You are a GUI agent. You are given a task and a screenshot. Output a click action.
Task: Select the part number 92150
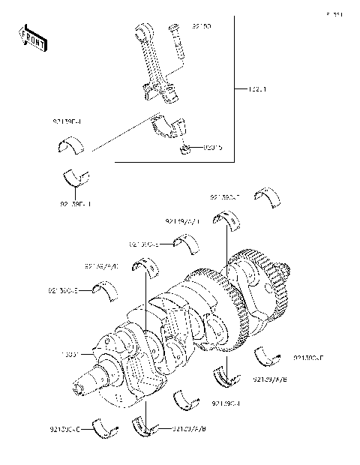pyautogui.click(x=201, y=26)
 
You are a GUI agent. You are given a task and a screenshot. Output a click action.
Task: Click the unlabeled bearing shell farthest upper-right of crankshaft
pyautogui.click(x=267, y=196)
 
